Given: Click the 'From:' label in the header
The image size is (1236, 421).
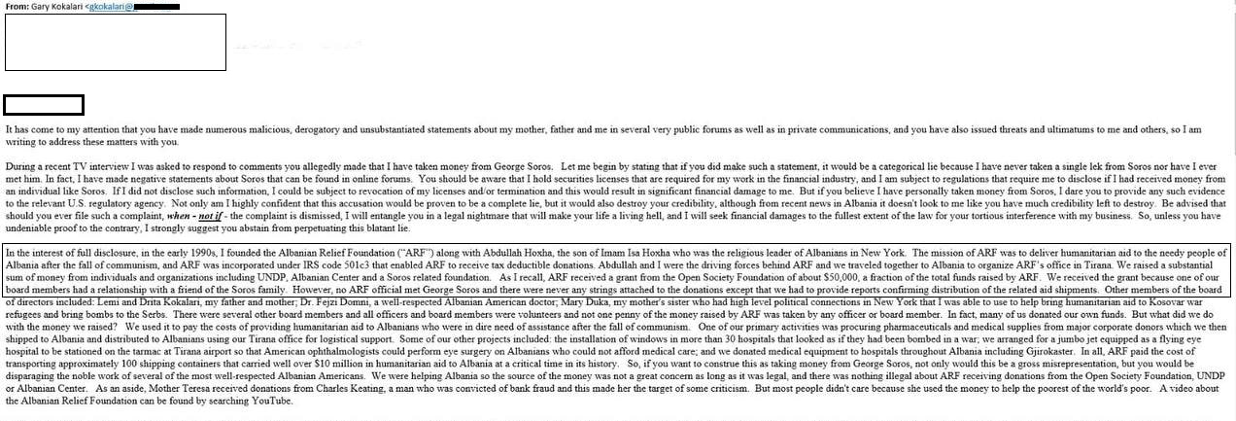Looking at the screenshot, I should pos(17,6).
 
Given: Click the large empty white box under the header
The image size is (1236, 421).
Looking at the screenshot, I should pos(116,42).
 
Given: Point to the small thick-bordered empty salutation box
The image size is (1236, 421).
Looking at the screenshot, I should pos(44,105).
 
